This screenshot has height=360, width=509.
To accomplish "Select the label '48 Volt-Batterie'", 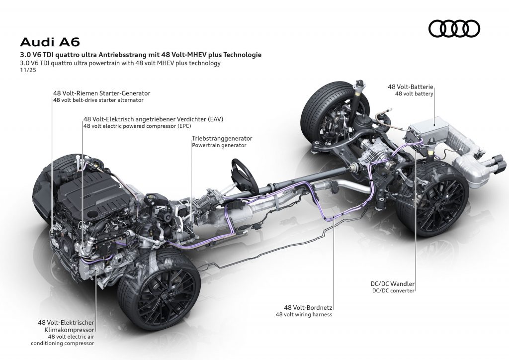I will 411,87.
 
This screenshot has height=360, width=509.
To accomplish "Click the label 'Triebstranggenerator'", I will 222,138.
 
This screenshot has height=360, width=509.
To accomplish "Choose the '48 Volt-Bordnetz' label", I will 304,308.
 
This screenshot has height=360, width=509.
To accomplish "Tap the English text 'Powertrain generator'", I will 219,146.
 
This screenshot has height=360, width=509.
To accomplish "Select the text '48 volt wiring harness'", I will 304,315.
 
